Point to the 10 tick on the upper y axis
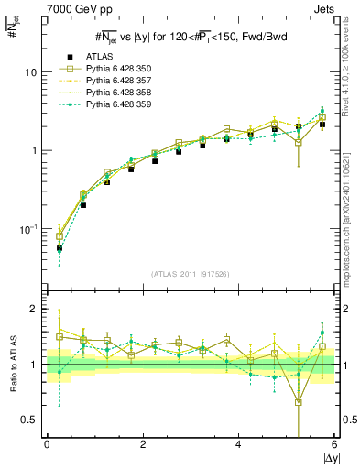pyautogui.click(x=31, y=72)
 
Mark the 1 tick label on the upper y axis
pyautogui.click(x=34, y=150)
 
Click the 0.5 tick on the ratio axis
pyautogui.click(x=29, y=420)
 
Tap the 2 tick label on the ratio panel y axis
pyautogui.click(x=34, y=310)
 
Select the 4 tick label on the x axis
pyautogui.click(x=239, y=444)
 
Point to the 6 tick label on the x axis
pyautogui.click(x=334, y=444)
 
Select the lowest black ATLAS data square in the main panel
pyautogui.click(x=60, y=248)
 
